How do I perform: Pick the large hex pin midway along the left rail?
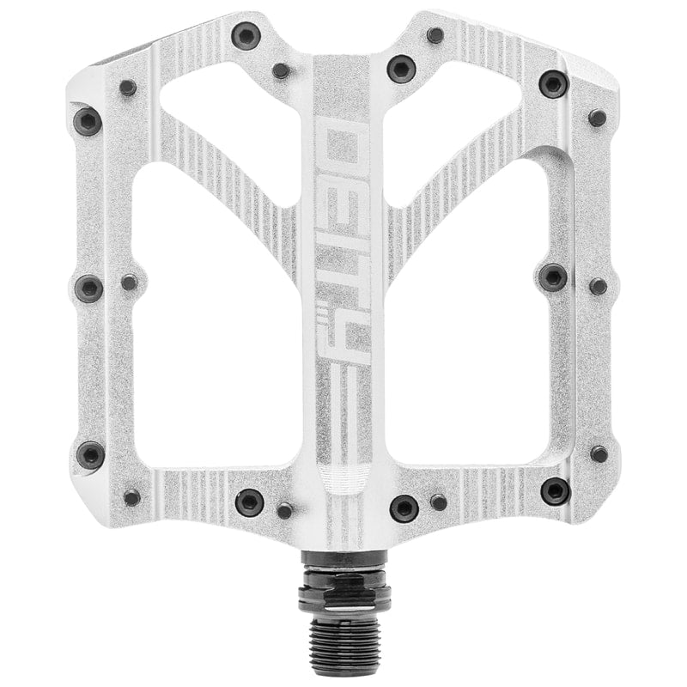tap(89, 287)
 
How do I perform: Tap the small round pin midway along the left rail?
tap(129, 282)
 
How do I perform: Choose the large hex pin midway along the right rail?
tap(553, 277)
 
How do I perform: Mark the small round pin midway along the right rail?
tap(598, 286)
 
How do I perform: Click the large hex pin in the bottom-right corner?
tap(555, 491)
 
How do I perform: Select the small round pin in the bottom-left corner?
tap(131, 497)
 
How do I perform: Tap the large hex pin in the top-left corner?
tap(87, 121)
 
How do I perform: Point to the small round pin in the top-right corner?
tap(597, 118)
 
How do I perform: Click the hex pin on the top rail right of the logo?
tap(401, 68)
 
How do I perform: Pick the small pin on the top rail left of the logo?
tap(281, 70)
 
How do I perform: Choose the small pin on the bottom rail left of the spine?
tap(284, 511)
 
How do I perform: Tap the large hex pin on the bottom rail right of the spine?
tap(404, 507)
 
